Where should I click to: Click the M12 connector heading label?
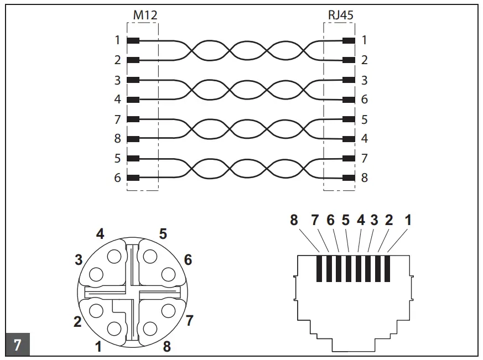[x=145, y=15]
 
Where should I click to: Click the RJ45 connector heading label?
[x=340, y=15]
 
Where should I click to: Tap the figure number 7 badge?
[x=17, y=345]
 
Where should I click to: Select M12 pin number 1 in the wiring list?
[x=117, y=40]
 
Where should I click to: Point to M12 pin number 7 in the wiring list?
[x=117, y=119]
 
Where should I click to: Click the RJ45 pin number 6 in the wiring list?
[x=364, y=100]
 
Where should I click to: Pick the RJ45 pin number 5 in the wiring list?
[x=364, y=119]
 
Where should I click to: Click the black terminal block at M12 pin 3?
[x=133, y=80]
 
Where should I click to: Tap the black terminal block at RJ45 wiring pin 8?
[x=349, y=178]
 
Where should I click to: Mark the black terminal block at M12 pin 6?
[x=133, y=178]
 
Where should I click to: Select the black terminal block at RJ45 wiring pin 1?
[x=349, y=40]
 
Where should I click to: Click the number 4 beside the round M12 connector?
[x=100, y=234]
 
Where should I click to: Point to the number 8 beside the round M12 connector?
[x=167, y=347]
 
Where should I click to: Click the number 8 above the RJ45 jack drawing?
[x=294, y=220]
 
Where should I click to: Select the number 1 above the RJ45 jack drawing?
[x=408, y=220]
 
